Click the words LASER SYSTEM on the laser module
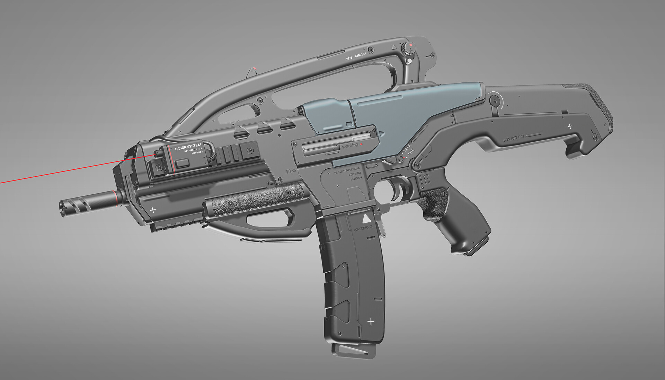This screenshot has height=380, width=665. (188, 147)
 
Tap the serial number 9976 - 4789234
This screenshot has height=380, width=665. (356, 56)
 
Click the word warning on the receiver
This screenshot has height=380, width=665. (350, 145)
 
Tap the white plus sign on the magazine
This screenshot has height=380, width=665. (371, 322)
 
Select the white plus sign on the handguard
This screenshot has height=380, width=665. (152, 210)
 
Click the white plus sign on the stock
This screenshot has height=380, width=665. (570, 126)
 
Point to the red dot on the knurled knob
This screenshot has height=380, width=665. (411, 45)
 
